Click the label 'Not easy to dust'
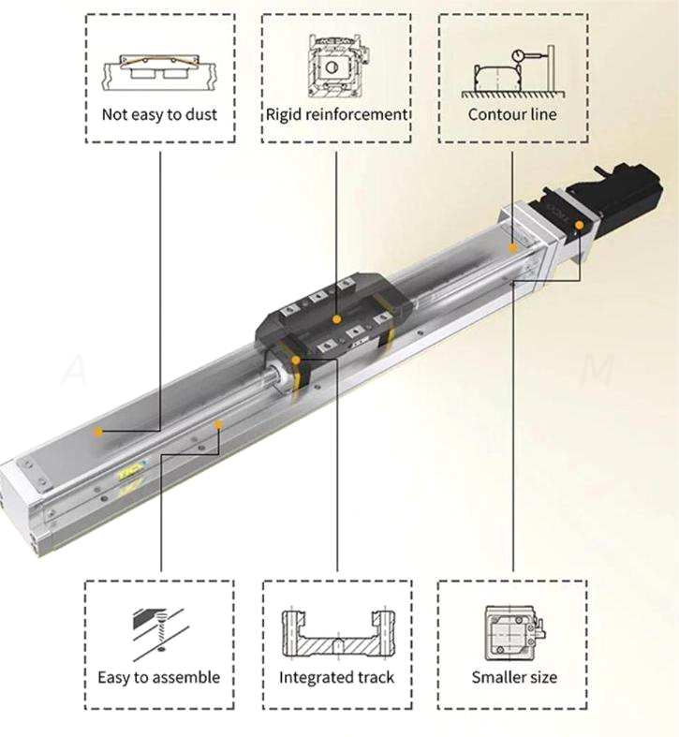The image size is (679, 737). pyautogui.click(x=159, y=115)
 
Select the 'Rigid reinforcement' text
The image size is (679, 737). pyautogui.click(x=336, y=114)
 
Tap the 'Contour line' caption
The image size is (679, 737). pyautogui.click(x=512, y=114)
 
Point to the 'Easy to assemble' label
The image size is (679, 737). pyautogui.click(x=159, y=676)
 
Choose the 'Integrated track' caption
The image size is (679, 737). pyautogui.click(x=336, y=676)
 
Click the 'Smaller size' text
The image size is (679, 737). pyautogui.click(x=513, y=676)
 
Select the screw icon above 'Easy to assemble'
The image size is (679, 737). pyautogui.click(x=157, y=627)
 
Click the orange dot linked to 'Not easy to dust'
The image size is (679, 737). pyautogui.click(x=98, y=431)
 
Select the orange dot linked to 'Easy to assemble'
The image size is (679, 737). pyautogui.click(x=218, y=424)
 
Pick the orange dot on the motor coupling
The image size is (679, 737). pyautogui.click(x=580, y=225)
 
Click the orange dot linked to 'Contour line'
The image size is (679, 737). pyautogui.click(x=512, y=247)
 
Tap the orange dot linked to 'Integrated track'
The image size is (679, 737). pyautogui.click(x=295, y=359)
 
